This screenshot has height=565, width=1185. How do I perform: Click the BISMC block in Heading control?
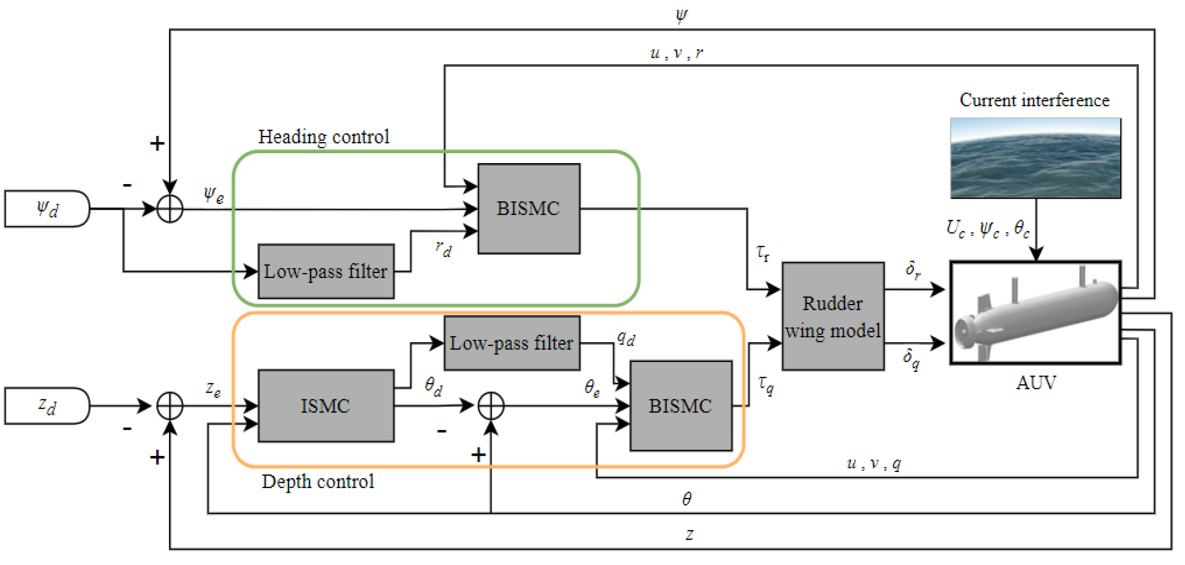tap(528, 209)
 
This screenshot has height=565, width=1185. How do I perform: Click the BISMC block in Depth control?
tap(680, 406)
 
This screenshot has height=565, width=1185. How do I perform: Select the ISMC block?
tap(326, 406)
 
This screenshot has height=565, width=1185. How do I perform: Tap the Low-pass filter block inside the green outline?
tap(326, 271)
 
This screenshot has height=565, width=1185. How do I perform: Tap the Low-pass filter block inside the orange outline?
tap(512, 343)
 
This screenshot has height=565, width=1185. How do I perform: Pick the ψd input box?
tap(47, 209)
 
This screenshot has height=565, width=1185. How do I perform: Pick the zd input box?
tap(47, 406)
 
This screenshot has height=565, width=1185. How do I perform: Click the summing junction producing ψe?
tap(170, 209)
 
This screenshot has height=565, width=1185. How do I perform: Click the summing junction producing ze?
tap(170, 406)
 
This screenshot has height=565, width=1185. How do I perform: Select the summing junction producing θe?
tap(491, 406)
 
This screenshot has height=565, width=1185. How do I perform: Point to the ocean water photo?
tap(1035, 158)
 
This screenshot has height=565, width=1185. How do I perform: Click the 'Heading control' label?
tap(323, 137)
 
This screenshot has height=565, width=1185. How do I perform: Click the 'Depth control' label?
tap(317, 482)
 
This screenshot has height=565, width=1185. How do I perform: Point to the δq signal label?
tap(911, 358)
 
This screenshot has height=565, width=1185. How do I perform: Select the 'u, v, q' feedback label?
tap(874, 464)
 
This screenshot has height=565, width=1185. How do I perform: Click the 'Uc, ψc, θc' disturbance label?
tap(987, 229)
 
